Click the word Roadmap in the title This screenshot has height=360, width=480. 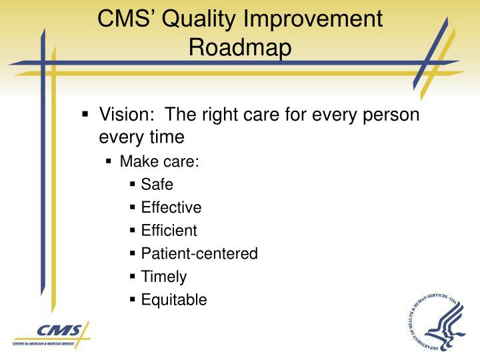point(240,47)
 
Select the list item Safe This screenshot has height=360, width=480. point(157,184)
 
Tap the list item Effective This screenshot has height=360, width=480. point(171,207)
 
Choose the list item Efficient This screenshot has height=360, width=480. point(169,231)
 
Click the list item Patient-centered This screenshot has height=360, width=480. point(199,253)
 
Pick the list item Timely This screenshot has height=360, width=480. point(163,277)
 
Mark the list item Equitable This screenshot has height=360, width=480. point(173,300)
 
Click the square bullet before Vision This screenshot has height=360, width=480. point(85,115)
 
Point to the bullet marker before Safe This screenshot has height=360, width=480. point(134,184)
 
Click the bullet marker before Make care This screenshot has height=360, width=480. point(110,161)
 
